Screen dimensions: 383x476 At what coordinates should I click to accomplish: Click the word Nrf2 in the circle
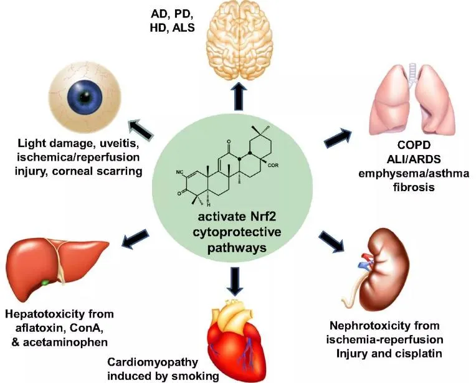tap(274, 219)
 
